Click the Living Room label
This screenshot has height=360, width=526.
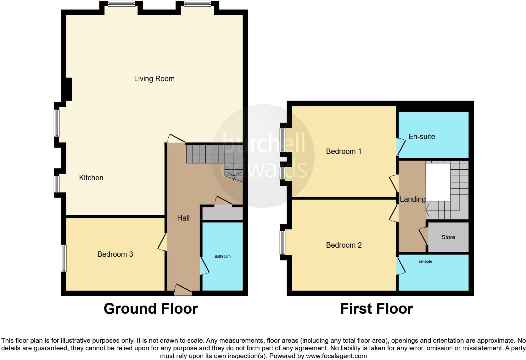click(x=154, y=79)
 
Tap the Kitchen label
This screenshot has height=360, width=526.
click(x=91, y=178)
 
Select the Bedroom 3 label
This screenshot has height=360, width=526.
click(x=115, y=254)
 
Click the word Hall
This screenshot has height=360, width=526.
click(x=183, y=218)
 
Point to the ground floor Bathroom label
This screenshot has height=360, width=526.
click(x=222, y=256)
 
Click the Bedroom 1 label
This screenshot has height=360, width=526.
click(x=344, y=151)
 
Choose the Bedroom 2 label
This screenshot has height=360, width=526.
click(x=344, y=245)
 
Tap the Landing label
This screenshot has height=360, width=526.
click(x=412, y=199)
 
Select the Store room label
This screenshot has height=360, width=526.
click(x=448, y=237)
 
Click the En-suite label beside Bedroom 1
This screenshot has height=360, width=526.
click(x=422, y=137)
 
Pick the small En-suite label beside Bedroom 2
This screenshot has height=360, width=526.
click(x=425, y=262)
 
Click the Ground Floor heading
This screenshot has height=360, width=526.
click(x=151, y=309)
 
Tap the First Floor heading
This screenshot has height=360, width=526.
click(x=376, y=309)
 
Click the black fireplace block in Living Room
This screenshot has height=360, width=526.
click(x=68, y=89)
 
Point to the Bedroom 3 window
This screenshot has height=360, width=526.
click(x=64, y=258)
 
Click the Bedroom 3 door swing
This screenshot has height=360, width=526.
click(x=162, y=242)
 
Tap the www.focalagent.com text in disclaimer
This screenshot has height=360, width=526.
click(x=336, y=356)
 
